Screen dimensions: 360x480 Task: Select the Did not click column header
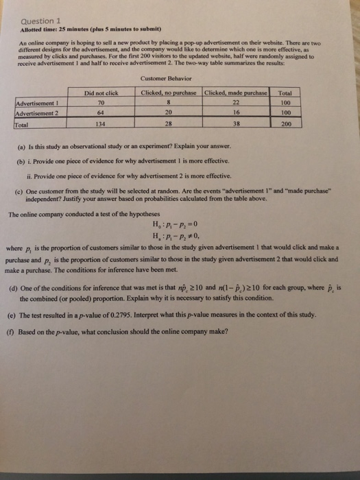[x=102, y=93]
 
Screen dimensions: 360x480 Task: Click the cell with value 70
[x=102, y=102]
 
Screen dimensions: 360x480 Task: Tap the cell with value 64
[x=102, y=112]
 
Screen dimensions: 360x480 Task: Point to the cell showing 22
[x=237, y=102]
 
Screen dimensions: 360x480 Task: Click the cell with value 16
[x=237, y=112]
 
